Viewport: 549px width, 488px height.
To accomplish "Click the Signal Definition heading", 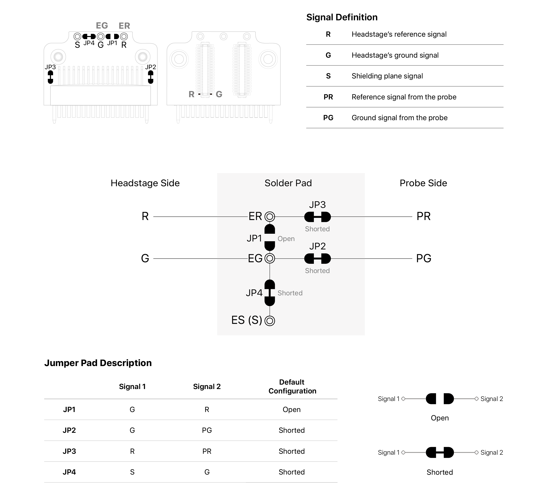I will click(342, 17).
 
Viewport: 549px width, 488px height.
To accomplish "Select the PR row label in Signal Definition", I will click(328, 97).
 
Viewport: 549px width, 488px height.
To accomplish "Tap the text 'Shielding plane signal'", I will click(387, 76).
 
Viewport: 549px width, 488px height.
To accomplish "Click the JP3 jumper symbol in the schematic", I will click(317, 217).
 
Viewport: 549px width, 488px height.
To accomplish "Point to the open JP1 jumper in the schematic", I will click(270, 237).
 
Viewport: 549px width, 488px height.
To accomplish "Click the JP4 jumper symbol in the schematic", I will click(270, 293).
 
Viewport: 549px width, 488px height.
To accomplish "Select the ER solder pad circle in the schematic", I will click(270, 216).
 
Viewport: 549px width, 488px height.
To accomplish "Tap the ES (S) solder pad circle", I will click(270, 321).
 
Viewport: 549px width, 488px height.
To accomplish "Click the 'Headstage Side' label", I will click(145, 183).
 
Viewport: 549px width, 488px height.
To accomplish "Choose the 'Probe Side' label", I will click(423, 183).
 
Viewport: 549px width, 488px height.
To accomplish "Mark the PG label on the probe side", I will click(424, 258).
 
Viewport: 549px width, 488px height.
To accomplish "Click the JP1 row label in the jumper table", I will click(69, 409).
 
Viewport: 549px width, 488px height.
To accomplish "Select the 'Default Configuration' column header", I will click(292, 387).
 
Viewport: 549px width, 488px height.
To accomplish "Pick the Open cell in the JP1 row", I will click(292, 409).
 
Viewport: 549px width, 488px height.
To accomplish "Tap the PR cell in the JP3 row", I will click(207, 451).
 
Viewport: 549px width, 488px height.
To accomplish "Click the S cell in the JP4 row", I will click(132, 472).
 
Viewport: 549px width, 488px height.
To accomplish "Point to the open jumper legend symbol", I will click(440, 399).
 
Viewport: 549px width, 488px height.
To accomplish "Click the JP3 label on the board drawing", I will click(50, 67).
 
